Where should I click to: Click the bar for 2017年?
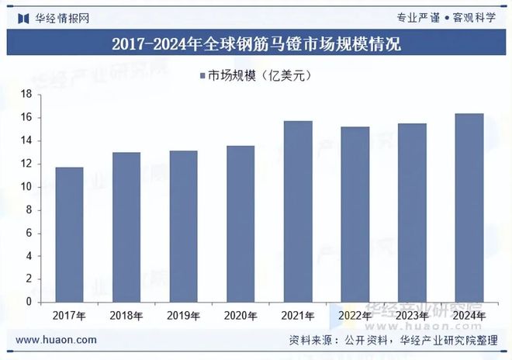click(x=70, y=234)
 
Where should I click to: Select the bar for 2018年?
click(x=126, y=227)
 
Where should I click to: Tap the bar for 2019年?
click(x=183, y=226)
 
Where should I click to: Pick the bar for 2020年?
click(x=240, y=223)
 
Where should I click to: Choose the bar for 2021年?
click(x=298, y=211)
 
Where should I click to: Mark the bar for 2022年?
click(x=355, y=214)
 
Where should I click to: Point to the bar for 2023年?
click(x=412, y=213)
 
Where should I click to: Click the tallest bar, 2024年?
click(x=469, y=207)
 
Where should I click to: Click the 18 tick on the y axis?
click(x=25, y=95)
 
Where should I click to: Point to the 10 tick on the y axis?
click(x=25, y=187)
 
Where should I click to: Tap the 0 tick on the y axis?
click(x=28, y=302)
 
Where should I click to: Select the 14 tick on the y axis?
click(x=25, y=140)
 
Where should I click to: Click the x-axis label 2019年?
click(x=183, y=316)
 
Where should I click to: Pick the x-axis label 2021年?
click(x=298, y=316)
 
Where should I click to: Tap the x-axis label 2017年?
click(x=70, y=316)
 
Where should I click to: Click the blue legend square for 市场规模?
click(x=202, y=75)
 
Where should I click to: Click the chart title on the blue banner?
click(x=256, y=43)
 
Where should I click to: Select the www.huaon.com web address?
click(x=57, y=340)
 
